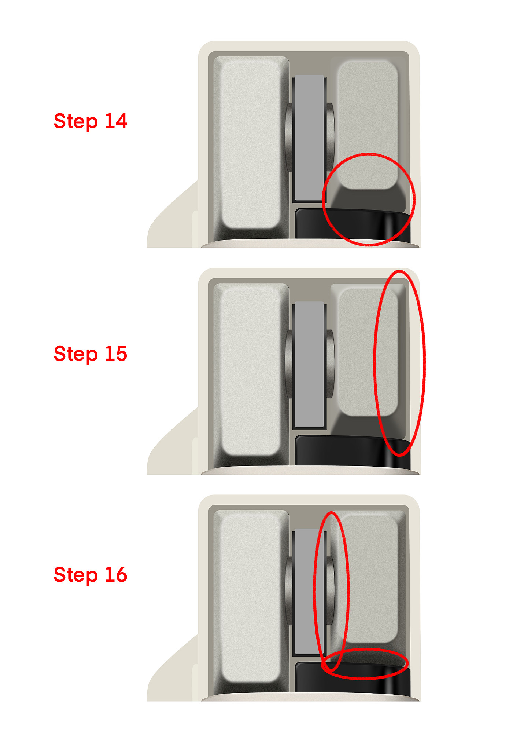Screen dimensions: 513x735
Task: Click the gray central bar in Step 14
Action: point(309,138)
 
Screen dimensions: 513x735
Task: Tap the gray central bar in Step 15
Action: point(309,364)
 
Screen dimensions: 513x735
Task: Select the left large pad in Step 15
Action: point(251,371)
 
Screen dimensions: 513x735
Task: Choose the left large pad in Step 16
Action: point(251,598)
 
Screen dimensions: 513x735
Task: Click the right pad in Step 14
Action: point(368,125)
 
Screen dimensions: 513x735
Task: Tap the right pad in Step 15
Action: point(368,351)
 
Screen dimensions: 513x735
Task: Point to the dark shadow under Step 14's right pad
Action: point(368,200)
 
